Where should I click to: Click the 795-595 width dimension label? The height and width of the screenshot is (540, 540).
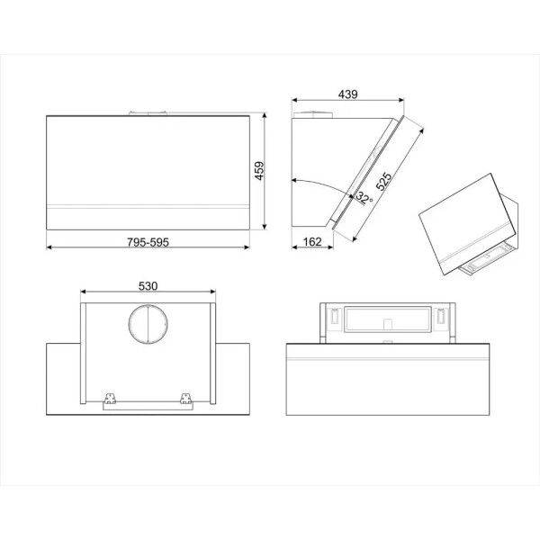tap(148, 242)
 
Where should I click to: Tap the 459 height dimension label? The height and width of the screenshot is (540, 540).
tap(259, 170)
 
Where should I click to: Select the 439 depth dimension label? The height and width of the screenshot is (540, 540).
tap(347, 94)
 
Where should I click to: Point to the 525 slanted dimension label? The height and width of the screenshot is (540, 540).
tap(383, 182)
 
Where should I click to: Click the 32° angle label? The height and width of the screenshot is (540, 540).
tap(364, 198)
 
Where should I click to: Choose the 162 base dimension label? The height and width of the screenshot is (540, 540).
tap(312, 242)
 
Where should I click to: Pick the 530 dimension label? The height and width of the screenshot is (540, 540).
tap(148, 286)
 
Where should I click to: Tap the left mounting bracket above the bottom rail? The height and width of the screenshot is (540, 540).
tap(110, 398)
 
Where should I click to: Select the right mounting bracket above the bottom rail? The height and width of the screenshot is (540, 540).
tap(186, 398)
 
